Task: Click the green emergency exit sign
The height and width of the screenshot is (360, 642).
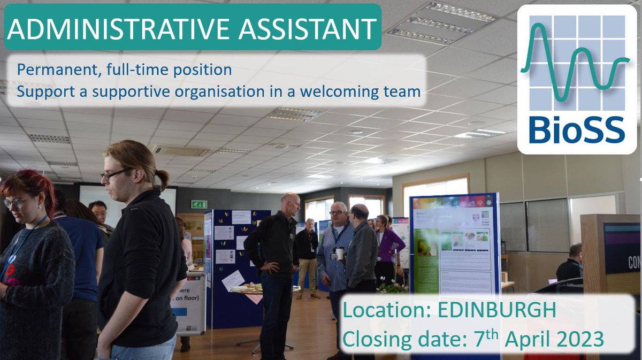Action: [x=199, y=204]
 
